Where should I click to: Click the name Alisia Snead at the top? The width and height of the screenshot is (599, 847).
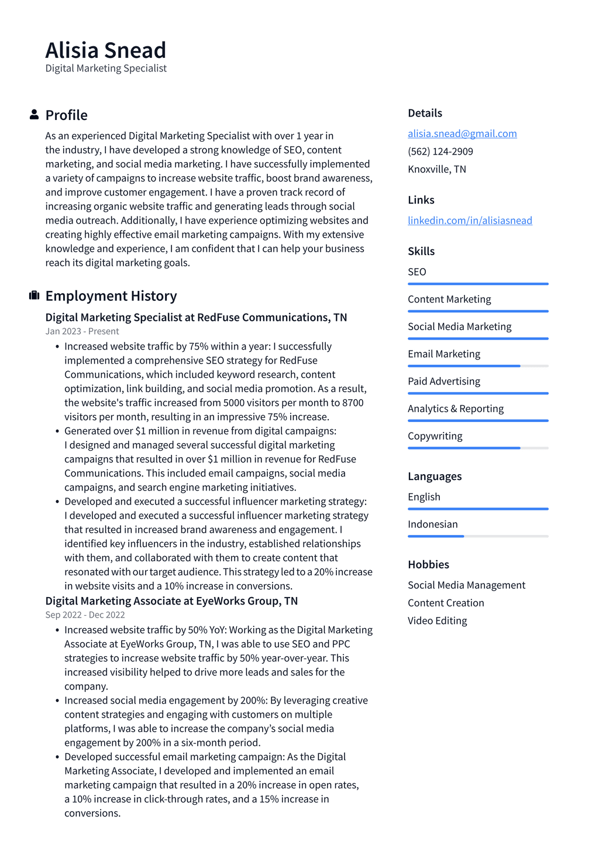point(106,50)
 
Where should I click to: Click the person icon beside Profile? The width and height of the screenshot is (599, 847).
point(34,115)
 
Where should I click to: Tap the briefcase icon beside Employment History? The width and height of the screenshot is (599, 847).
point(34,296)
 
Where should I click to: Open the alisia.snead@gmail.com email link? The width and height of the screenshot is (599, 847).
point(462,133)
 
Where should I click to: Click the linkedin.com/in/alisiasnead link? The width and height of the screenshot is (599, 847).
point(470,220)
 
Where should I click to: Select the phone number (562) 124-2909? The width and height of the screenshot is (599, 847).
point(440,151)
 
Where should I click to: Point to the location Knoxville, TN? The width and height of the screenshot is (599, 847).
point(436,169)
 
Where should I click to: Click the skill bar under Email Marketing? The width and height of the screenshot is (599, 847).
point(477,366)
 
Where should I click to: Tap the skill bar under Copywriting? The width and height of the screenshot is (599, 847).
point(477,448)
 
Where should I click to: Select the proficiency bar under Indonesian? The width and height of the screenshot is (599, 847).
point(477,536)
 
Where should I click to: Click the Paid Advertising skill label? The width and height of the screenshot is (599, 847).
point(443,381)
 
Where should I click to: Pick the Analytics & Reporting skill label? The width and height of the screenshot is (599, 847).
point(455,409)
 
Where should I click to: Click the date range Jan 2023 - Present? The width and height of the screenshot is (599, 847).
point(82,331)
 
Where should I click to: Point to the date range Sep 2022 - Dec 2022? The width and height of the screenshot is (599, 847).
point(85,615)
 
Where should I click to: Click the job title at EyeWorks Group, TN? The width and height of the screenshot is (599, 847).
point(171,601)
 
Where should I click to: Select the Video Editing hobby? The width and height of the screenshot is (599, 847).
point(437,620)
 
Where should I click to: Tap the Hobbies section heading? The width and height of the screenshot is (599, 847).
point(428,564)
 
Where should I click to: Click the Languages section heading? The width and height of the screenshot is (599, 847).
point(434,476)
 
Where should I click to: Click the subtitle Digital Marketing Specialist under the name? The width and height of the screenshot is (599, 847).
point(106,68)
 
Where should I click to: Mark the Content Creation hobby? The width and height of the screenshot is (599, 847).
point(446,603)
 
